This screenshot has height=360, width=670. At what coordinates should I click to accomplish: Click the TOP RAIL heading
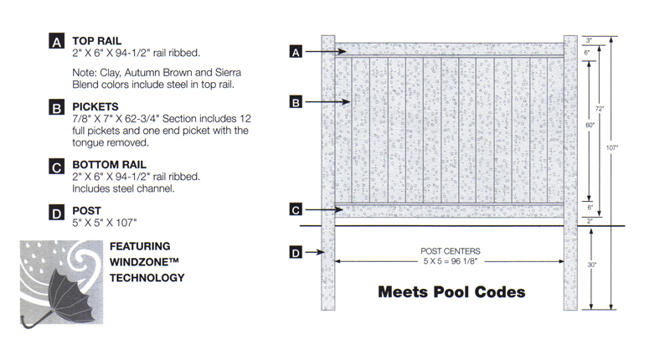click(x=96, y=41)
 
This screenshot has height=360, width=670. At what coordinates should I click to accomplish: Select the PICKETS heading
click(x=95, y=107)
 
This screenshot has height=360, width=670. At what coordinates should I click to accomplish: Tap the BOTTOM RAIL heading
click(x=109, y=165)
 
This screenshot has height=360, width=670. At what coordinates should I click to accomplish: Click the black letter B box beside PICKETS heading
click(x=56, y=108)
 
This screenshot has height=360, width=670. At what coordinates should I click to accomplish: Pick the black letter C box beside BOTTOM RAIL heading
click(x=56, y=167)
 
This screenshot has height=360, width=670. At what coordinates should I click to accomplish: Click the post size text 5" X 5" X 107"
click(x=104, y=223)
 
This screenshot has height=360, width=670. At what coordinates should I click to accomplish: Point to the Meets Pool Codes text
click(x=451, y=292)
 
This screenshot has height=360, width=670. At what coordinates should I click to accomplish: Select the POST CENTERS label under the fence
click(x=451, y=251)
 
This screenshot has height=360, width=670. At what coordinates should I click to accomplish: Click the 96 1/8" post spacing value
click(x=463, y=261)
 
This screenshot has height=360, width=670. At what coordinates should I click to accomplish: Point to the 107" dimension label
click(x=612, y=147)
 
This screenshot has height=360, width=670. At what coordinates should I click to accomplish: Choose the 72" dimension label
click(x=600, y=109)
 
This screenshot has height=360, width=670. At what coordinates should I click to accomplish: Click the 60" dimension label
click(x=590, y=125)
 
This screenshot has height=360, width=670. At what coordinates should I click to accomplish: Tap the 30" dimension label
click(x=591, y=265)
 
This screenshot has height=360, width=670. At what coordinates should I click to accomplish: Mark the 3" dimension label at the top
click(x=589, y=40)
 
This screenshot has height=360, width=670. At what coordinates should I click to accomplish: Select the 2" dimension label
click(x=590, y=221)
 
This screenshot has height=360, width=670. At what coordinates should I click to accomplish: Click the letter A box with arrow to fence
click(x=296, y=52)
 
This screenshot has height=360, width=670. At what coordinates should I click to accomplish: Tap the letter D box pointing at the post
click(x=296, y=252)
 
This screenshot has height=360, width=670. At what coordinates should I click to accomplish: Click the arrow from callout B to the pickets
click(x=327, y=102)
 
